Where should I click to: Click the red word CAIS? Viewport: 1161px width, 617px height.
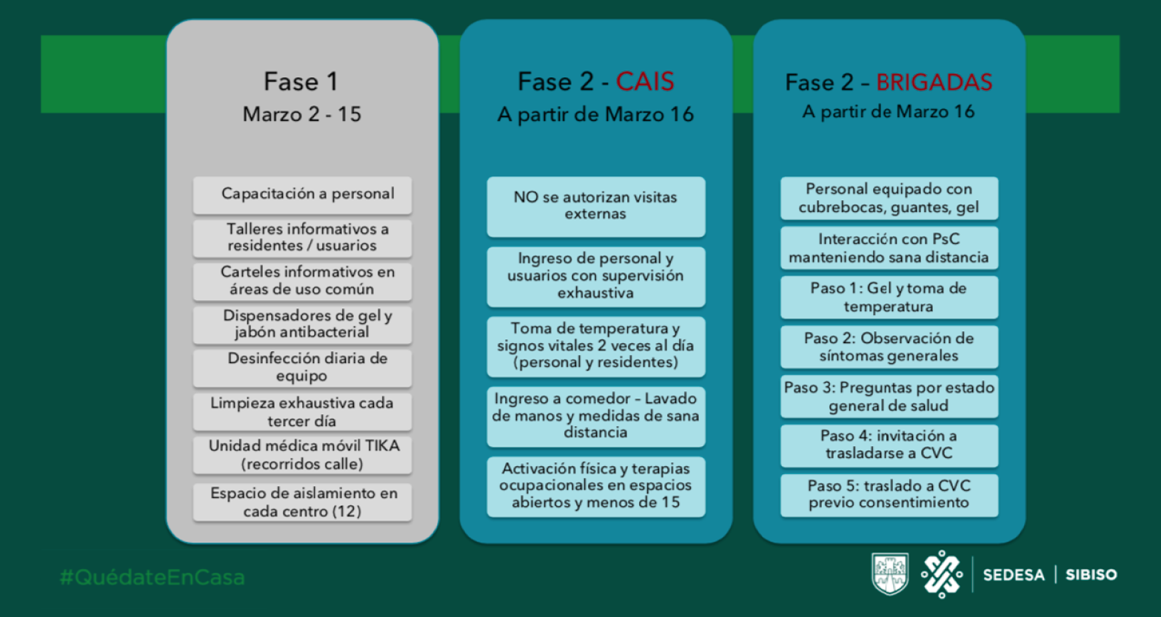pyautogui.click(x=645, y=81)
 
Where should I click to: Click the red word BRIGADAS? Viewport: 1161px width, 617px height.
pyautogui.click(x=934, y=82)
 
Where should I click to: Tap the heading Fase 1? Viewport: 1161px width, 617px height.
pyautogui.click(x=301, y=81)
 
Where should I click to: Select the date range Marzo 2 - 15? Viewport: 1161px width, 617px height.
pyautogui.click(x=301, y=114)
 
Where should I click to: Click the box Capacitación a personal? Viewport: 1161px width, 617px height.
pyautogui.click(x=302, y=196)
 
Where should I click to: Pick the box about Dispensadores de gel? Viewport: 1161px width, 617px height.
pyautogui.click(x=302, y=325)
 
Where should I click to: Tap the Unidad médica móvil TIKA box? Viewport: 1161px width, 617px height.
pyautogui.click(x=302, y=455)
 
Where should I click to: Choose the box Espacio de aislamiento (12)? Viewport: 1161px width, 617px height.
pyautogui.click(x=302, y=502)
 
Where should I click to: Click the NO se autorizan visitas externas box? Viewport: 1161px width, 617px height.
pyautogui.click(x=595, y=207)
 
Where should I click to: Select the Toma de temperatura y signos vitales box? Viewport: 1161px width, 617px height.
pyautogui.click(x=595, y=347)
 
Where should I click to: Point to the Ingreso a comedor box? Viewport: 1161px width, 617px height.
pyautogui.click(x=595, y=416)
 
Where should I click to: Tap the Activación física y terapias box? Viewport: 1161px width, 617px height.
pyautogui.click(x=595, y=487)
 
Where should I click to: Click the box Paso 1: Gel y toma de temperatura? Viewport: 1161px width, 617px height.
pyautogui.click(x=889, y=297)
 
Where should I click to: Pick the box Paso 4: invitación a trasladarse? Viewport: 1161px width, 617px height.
pyautogui.click(x=889, y=445)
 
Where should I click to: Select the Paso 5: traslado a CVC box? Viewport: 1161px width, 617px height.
pyautogui.click(x=889, y=495)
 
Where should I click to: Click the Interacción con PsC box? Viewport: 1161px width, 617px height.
pyautogui.click(x=889, y=248)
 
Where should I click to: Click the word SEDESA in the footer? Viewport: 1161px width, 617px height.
pyautogui.click(x=1014, y=575)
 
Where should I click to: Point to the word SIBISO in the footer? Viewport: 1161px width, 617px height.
pyautogui.click(x=1091, y=575)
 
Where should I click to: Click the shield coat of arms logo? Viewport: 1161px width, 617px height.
pyautogui.click(x=890, y=573)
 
